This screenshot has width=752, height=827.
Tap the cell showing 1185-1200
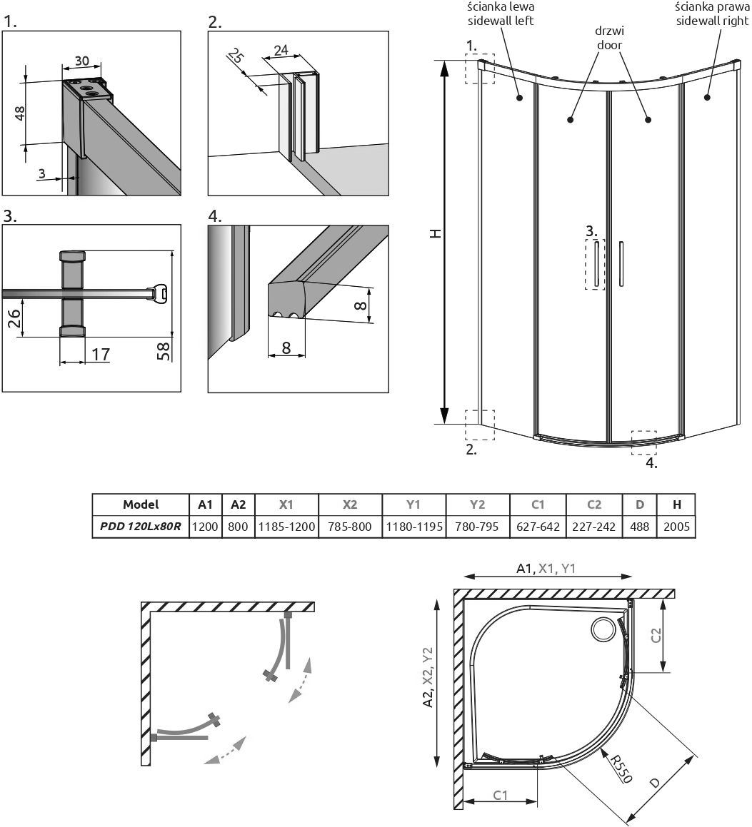pyautogui.click(x=286, y=527)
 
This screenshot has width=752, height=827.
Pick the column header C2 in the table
pyautogui.click(x=594, y=504)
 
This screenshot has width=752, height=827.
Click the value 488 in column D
pyautogui.click(x=640, y=527)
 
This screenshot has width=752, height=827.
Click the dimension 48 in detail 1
pyautogui.click(x=20, y=113)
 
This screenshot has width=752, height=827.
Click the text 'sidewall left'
pyautogui.click(x=500, y=21)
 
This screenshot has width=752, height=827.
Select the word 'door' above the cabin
pyautogui.click(x=608, y=44)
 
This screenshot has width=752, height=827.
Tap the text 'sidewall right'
pyautogui.click(x=710, y=21)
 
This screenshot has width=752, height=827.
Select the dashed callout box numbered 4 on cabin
pyautogui.click(x=643, y=442)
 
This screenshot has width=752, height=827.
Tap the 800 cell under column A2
pyautogui.click(x=239, y=527)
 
